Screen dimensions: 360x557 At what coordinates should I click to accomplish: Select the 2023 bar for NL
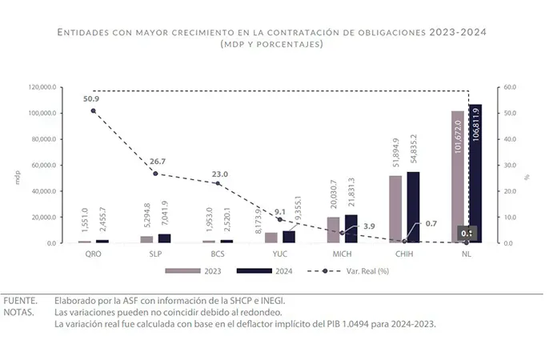(458, 177)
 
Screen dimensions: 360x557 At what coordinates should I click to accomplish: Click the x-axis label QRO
(94, 254)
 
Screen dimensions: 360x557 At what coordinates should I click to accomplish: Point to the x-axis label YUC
(280, 254)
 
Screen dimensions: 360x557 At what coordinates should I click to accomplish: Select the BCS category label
(218, 254)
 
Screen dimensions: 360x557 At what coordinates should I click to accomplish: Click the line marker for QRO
(94, 110)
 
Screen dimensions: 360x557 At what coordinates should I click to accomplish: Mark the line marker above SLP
(155, 174)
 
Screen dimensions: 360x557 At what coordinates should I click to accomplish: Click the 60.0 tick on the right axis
(511, 86)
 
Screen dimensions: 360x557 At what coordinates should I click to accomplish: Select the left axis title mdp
(18, 178)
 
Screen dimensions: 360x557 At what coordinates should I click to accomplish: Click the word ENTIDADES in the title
(88, 32)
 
